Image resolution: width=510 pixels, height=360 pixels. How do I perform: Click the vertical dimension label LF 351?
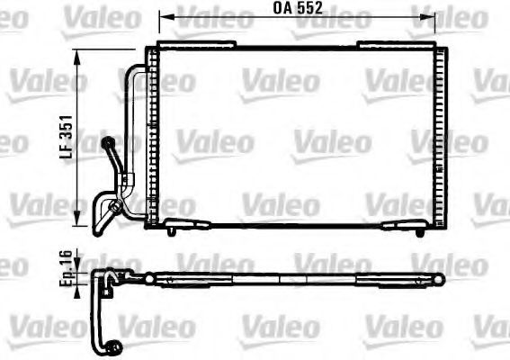[x=66, y=141]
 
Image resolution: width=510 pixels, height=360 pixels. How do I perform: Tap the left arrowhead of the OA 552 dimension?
[x=163, y=16]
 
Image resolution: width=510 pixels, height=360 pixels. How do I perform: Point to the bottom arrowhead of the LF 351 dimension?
[x=78, y=225]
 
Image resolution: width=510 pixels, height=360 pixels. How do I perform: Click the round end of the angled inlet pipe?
[x=110, y=141]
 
